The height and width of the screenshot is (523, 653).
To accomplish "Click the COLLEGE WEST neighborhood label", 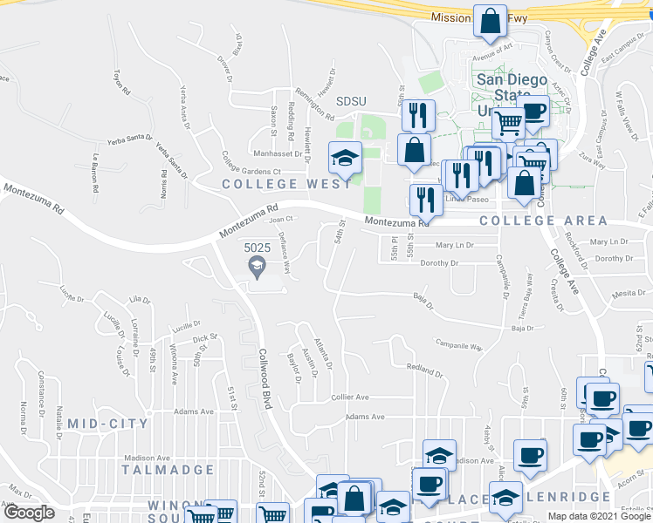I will click(x=274, y=184).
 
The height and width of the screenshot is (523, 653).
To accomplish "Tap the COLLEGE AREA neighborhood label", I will click(x=532, y=221).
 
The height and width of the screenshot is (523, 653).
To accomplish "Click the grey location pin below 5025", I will click(x=258, y=269).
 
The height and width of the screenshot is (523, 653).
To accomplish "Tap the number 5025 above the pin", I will click(x=257, y=248).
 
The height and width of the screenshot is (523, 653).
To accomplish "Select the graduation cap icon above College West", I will click(x=345, y=158).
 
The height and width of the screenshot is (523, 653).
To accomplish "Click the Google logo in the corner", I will click(x=29, y=513).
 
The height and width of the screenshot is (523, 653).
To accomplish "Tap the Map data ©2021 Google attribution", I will click(x=600, y=516).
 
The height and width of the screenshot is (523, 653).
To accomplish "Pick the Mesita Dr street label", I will click(x=629, y=294).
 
